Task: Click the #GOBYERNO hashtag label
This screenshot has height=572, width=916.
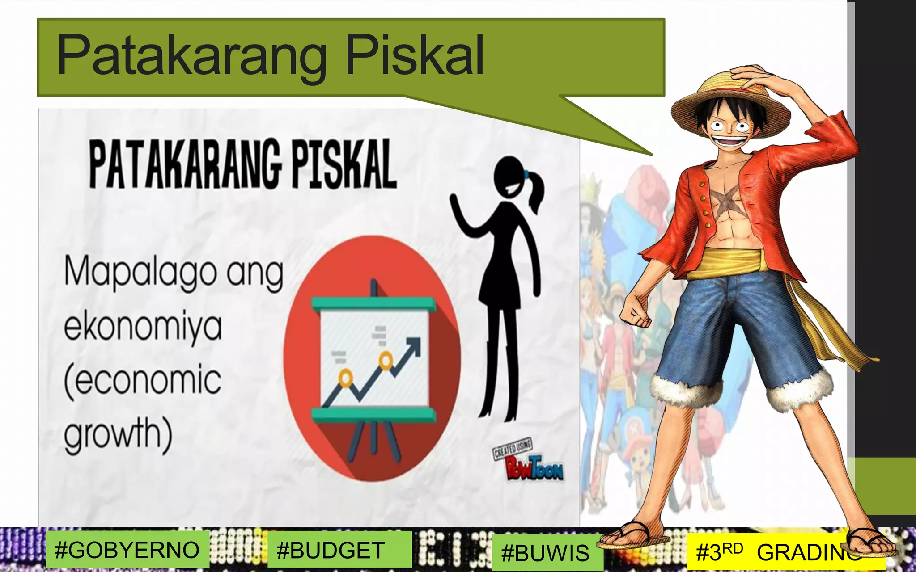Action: pos(127,550)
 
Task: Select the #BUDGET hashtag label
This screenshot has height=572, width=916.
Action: pos(331,550)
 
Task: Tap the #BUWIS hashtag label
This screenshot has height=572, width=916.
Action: pos(545,553)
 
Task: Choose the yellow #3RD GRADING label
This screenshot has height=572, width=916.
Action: pos(778,552)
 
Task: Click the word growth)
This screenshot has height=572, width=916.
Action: pos(118,433)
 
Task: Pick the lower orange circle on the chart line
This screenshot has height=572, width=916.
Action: pos(345,379)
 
